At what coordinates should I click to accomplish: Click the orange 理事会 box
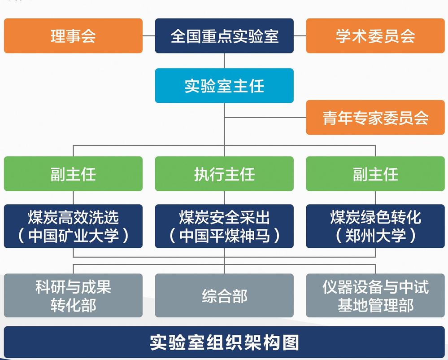point(73,36)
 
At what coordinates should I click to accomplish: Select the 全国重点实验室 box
point(224,36)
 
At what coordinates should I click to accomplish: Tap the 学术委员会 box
point(375,36)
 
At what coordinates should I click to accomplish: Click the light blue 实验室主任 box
point(224,86)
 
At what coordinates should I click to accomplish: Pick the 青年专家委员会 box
point(375,118)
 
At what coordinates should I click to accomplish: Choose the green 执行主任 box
point(224,174)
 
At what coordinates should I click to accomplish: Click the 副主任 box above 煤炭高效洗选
point(73,174)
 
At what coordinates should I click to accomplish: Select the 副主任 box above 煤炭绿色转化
point(375,174)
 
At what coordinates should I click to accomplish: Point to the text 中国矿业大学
point(73,236)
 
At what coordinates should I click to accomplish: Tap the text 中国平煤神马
point(224,236)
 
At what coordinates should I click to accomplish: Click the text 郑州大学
point(375,236)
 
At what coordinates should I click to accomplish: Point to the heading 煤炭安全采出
point(224,218)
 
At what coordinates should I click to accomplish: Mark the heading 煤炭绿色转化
point(375,218)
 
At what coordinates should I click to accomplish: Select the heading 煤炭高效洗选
point(73,218)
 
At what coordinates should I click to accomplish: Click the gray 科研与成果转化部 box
point(73,295)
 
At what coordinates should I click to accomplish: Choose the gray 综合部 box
point(224,296)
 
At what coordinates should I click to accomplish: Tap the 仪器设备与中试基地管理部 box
point(375,295)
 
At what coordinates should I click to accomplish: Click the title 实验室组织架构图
point(224,342)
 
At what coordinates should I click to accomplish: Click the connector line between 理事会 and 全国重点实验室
point(149,36)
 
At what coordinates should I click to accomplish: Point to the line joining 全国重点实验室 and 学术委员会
point(300,36)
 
